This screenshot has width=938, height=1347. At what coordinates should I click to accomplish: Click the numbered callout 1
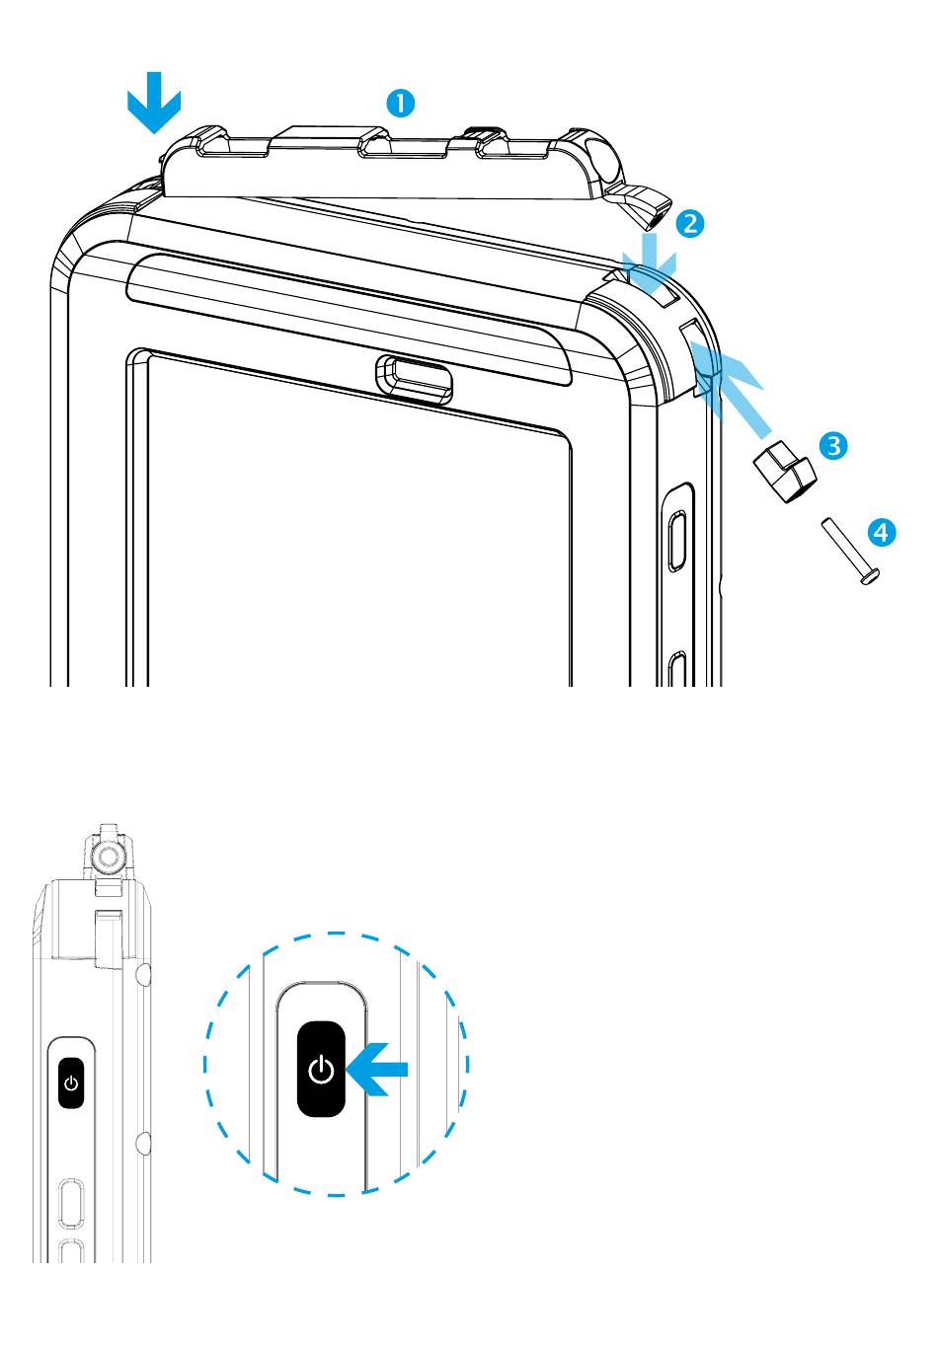[x=399, y=103]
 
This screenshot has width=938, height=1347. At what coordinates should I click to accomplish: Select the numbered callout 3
[x=834, y=445]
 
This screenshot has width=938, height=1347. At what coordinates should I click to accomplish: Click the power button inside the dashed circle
[x=322, y=1069]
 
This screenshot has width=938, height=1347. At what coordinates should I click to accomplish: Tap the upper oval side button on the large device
[x=677, y=539]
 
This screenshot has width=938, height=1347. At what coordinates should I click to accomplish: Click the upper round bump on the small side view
[x=144, y=976]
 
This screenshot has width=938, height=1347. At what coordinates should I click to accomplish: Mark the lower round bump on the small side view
[x=144, y=1143]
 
